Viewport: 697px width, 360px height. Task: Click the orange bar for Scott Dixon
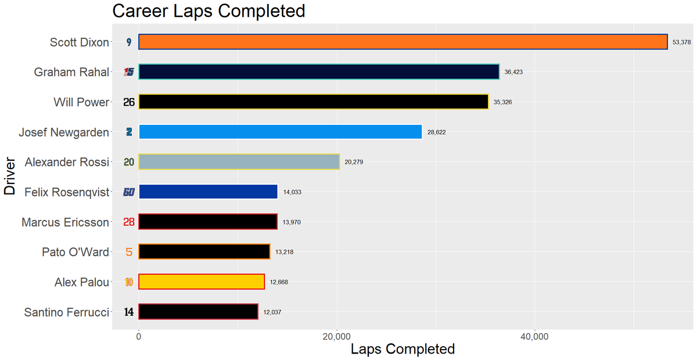403,42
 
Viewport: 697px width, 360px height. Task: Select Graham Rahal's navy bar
318,72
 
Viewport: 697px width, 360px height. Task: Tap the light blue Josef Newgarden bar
280,132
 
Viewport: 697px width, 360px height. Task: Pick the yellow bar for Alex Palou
202,282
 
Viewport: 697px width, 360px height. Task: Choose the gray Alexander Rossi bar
239,162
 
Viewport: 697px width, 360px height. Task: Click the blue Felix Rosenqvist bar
208,192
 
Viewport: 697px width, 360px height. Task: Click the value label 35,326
503,102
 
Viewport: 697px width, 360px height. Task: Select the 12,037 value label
272,312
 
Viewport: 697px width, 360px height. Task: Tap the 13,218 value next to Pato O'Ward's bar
285,252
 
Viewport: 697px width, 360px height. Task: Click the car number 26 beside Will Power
129,102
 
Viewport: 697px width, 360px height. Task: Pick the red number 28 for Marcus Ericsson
129,222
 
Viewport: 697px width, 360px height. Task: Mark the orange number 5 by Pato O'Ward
129,252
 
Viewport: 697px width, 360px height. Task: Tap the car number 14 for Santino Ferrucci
129,312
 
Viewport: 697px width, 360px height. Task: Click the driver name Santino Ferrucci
66,312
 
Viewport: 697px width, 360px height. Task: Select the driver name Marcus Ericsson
65,222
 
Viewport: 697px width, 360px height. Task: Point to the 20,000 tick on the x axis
337,337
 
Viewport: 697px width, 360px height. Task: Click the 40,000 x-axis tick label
535,337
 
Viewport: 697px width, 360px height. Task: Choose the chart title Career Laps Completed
209,11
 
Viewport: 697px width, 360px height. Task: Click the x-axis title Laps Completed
403,349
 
